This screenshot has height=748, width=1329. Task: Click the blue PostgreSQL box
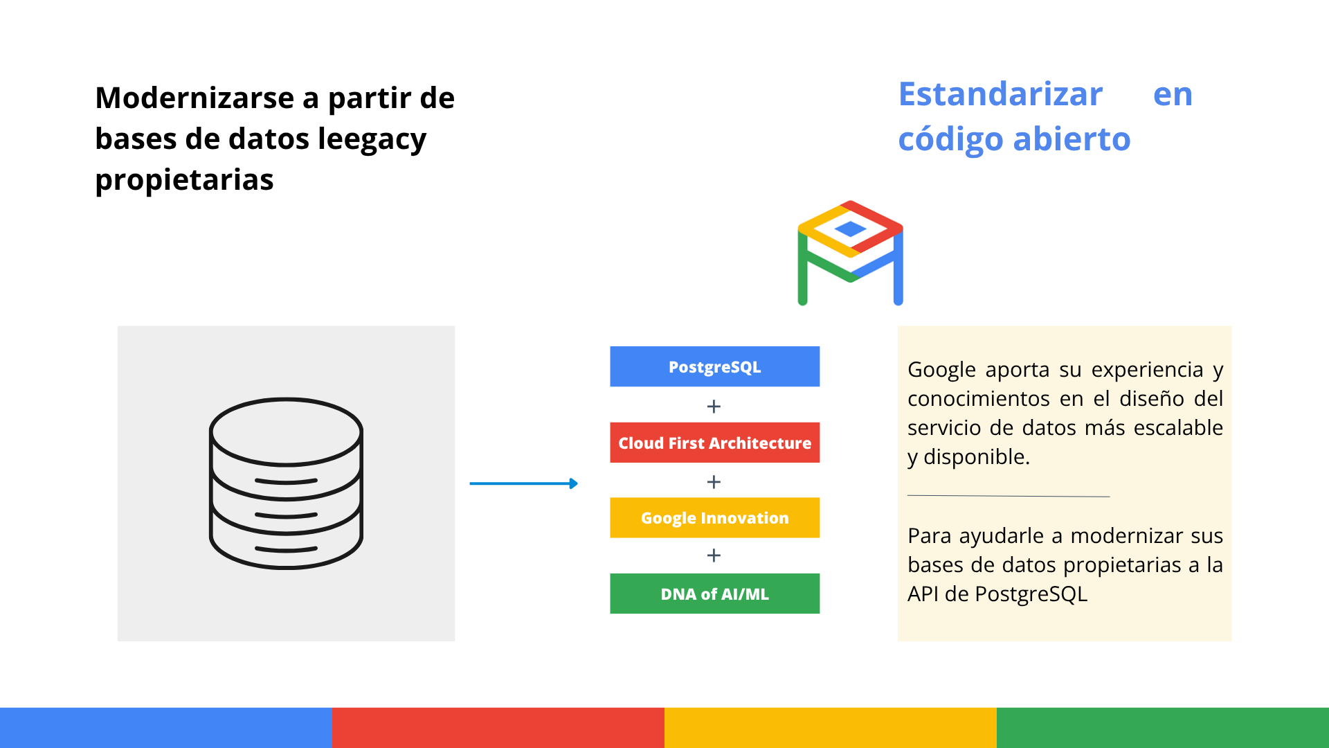[714, 366]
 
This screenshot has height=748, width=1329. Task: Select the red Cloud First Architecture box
[714, 443]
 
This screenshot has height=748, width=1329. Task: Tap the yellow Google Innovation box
[714, 517]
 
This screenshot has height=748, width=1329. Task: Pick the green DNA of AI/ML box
[714, 594]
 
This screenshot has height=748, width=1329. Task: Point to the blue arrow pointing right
[523, 483]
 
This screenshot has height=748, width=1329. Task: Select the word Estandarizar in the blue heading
[1000, 94]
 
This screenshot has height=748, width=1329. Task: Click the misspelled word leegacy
[372, 140]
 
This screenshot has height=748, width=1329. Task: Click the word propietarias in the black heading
[184, 180]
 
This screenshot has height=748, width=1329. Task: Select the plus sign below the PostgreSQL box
[714, 407]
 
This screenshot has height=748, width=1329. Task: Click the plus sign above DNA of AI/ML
[714, 555]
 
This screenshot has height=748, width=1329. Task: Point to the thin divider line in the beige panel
[1009, 496]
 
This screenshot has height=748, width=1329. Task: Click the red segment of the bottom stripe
[498, 728]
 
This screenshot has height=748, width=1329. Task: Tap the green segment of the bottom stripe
[1163, 728]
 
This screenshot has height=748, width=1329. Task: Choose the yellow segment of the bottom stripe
[831, 728]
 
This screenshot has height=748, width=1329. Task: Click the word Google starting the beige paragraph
[941, 371]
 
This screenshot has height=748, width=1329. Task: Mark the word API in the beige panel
[922, 594]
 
